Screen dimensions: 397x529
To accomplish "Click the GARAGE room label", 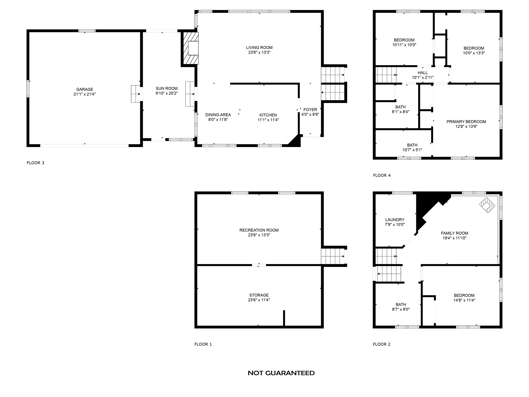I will pyautogui.click(x=84, y=89).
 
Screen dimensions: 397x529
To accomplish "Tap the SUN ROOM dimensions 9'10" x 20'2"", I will pyautogui.click(x=166, y=93).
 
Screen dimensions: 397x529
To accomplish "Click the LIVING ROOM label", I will pyautogui.click(x=259, y=48).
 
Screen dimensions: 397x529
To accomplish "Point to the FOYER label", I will pyautogui.click(x=310, y=110).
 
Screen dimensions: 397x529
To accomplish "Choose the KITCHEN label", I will pyautogui.click(x=268, y=115).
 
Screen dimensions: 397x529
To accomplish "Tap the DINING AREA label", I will pyautogui.click(x=218, y=115).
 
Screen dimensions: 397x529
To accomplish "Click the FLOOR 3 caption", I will pyautogui.click(x=35, y=163).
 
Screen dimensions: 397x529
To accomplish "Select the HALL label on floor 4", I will pyautogui.click(x=423, y=73).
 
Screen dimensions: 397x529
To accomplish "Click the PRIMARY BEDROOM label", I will pyautogui.click(x=466, y=122).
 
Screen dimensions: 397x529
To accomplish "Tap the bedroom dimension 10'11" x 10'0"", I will pyautogui.click(x=404, y=45).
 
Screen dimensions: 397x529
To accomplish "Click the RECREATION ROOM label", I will pyautogui.click(x=259, y=230).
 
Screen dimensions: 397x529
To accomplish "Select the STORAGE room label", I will pyautogui.click(x=259, y=295).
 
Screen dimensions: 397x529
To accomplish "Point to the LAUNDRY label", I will pyautogui.click(x=394, y=220).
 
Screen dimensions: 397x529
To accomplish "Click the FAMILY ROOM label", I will pyautogui.click(x=454, y=233).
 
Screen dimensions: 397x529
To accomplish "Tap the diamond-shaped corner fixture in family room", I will pyautogui.click(x=487, y=205).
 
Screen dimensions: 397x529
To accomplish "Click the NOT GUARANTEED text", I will pyautogui.click(x=281, y=373).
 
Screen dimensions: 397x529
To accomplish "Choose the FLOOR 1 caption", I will pyautogui.click(x=203, y=344).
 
